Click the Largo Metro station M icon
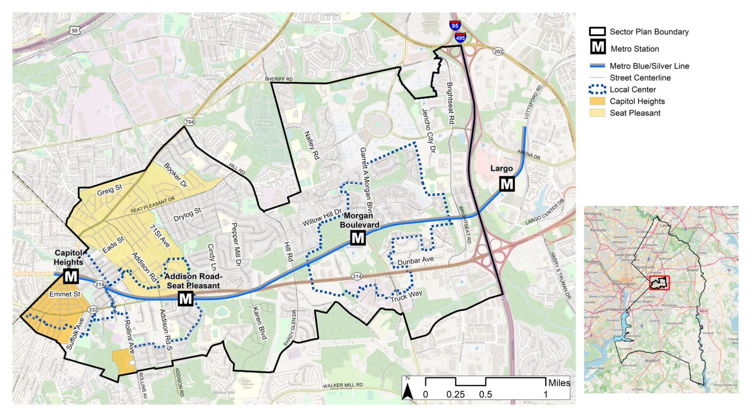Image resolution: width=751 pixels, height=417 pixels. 507,184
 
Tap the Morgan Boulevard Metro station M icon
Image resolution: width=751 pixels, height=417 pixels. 358,238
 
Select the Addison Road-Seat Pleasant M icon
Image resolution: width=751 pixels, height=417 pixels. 186,298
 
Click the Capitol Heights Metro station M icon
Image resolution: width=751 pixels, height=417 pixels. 71,276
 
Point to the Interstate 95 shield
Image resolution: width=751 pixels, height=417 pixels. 455,26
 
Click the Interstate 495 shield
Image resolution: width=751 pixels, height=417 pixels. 460,37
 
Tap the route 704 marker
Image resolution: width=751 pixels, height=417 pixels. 190,121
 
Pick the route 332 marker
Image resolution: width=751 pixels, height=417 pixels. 93,310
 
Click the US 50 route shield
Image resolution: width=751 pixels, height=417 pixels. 74,30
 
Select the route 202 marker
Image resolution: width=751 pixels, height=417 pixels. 498,51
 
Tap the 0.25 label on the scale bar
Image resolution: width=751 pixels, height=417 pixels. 455,395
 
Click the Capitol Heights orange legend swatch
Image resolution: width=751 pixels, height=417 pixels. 597,101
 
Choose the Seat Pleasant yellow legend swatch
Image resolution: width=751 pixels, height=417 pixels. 597,113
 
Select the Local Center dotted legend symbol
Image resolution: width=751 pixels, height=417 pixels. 597,89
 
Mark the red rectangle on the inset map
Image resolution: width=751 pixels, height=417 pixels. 659,283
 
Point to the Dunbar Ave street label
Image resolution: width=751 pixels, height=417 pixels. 416,261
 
